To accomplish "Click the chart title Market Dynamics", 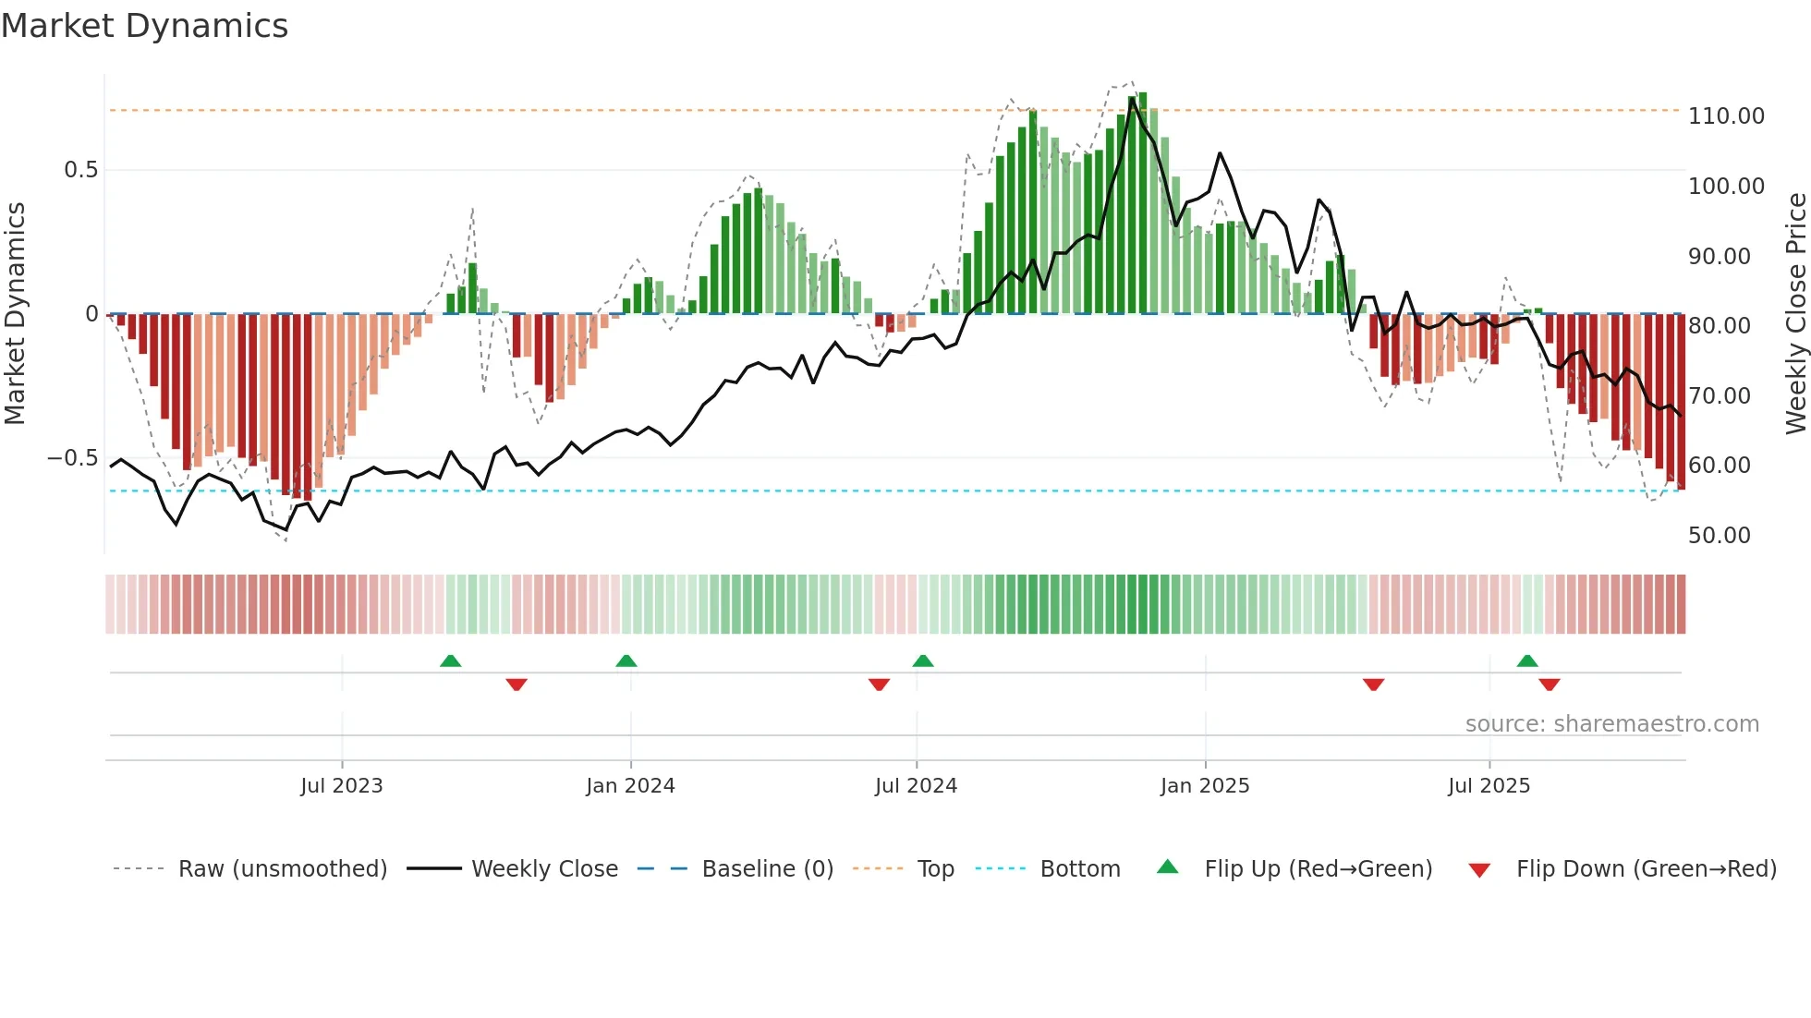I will tap(144, 26).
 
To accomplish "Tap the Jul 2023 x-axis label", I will tap(341, 786).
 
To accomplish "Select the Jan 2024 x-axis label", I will tap(630, 786).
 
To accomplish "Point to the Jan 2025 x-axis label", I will tap(1205, 786).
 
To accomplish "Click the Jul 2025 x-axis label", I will tap(1489, 786).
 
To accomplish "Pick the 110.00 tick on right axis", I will tap(1726, 116).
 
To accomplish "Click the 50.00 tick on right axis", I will tap(1719, 536).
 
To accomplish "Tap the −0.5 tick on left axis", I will tap(72, 459).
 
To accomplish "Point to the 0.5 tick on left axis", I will tap(80, 170).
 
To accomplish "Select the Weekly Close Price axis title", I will tap(1795, 314).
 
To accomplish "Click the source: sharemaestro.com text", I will tap(1611, 724).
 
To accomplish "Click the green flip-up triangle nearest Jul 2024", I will tap(922, 661).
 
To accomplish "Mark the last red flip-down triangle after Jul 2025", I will tap(1550, 685).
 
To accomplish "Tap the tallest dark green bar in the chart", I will tap(1143, 203).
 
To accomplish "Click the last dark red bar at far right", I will tap(1682, 402).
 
